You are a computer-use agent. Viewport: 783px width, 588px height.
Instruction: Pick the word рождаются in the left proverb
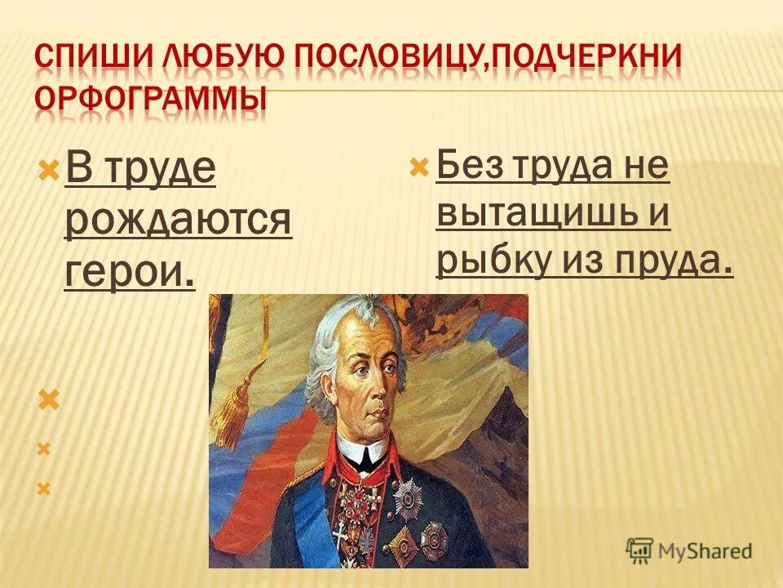178,220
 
